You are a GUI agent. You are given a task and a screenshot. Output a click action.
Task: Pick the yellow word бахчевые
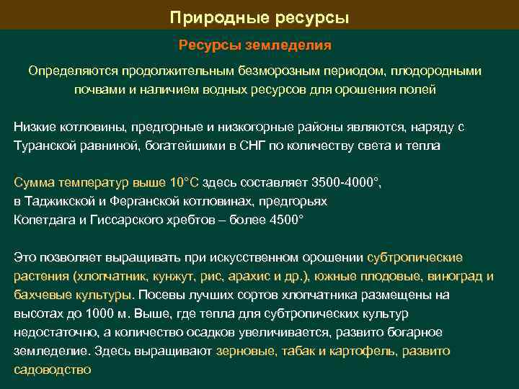40,295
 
